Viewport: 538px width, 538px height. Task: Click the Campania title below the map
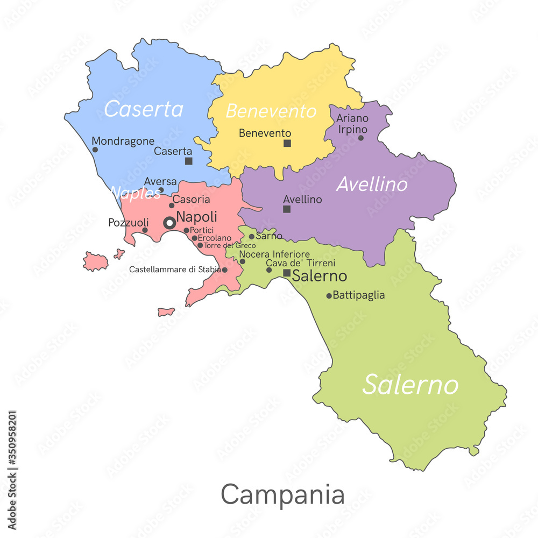(x=282, y=494)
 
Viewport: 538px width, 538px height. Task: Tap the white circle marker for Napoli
(x=169, y=222)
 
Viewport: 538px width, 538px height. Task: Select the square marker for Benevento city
(x=287, y=143)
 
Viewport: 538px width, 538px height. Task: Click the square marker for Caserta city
(x=188, y=161)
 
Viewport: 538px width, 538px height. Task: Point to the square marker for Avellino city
(x=287, y=209)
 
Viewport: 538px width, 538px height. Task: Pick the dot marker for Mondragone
(x=95, y=150)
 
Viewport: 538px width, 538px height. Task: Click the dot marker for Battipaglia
(x=329, y=295)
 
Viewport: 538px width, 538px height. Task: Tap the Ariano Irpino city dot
(x=360, y=138)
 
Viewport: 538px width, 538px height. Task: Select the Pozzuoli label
(x=128, y=222)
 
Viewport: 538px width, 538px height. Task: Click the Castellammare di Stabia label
(x=175, y=269)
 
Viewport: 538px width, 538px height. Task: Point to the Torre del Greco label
(x=230, y=245)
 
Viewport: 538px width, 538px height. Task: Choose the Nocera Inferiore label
(x=274, y=254)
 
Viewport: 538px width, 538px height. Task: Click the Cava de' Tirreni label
(x=301, y=263)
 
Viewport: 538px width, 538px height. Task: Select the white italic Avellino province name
(x=372, y=185)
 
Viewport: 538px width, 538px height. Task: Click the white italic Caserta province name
(x=143, y=109)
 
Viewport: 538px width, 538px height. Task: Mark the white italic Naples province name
(x=135, y=193)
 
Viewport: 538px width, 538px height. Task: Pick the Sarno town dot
(x=251, y=236)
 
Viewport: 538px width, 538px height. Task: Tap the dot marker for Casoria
(x=172, y=205)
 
